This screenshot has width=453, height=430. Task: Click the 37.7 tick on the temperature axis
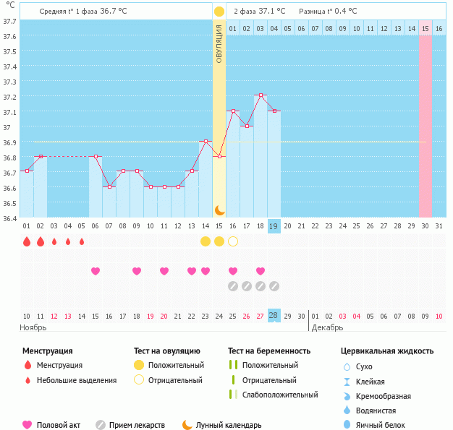pyautogui.click(x=9, y=22)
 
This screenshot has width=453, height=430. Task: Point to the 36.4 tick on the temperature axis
pyautogui.click(x=9, y=218)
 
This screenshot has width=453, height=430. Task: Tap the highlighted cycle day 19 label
pyautogui.click(x=274, y=226)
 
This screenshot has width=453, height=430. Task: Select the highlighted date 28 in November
pyautogui.click(x=274, y=316)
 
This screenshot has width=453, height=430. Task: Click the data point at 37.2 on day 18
pyautogui.click(x=261, y=95)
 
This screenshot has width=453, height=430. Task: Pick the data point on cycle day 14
pyautogui.click(x=206, y=141)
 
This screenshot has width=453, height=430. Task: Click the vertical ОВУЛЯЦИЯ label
pyautogui.click(x=219, y=44)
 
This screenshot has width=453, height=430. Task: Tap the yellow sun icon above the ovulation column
pyautogui.click(x=219, y=12)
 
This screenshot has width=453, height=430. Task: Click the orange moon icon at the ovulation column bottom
pyautogui.click(x=219, y=210)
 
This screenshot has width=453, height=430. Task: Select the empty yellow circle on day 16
pyautogui.click(x=233, y=241)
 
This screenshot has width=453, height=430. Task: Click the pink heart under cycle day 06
pyautogui.click(x=96, y=271)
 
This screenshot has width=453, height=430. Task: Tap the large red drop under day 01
pyautogui.click(x=27, y=241)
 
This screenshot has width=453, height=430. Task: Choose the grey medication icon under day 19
pyautogui.click(x=274, y=286)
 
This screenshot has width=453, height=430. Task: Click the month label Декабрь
pyautogui.click(x=327, y=327)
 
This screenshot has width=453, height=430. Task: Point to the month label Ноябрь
pyautogui.click(x=33, y=327)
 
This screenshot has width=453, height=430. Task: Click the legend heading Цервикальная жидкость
pyautogui.click(x=387, y=351)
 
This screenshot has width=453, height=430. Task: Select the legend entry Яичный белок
pyautogui.click(x=385, y=425)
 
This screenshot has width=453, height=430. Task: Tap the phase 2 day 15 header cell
pyautogui.click(x=426, y=28)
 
